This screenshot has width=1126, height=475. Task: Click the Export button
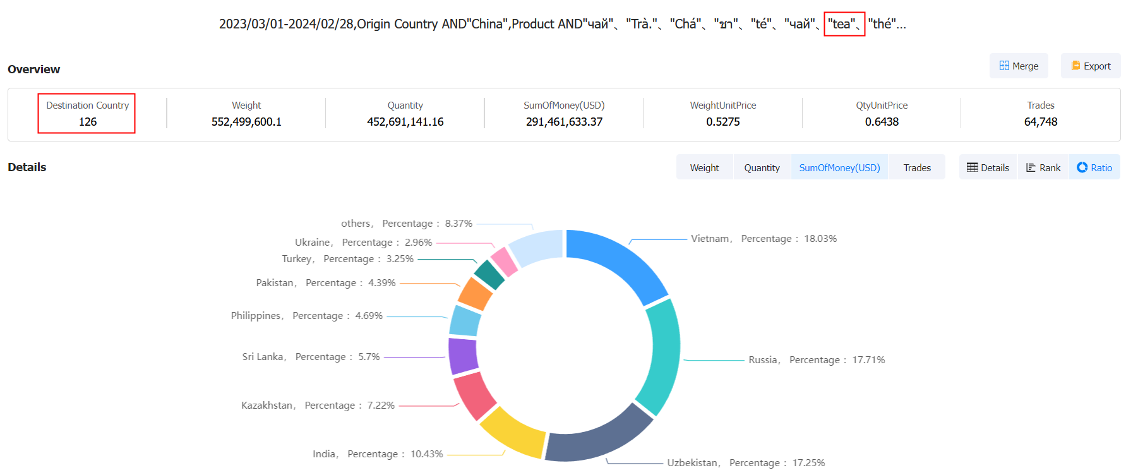point(1091,66)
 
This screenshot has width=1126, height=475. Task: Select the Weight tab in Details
point(704,167)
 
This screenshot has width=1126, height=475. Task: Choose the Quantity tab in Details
point(762,167)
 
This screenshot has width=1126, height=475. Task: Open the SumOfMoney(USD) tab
point(839,167)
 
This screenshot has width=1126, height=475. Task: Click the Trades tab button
point(917,167)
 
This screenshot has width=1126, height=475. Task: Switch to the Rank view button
point(1043,167)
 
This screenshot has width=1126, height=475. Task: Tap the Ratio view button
point(1094,167)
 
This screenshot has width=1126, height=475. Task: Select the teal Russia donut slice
point(660,357)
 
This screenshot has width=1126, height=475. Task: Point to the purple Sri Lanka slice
point(463,356)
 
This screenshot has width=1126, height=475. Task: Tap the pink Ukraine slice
point(504,261)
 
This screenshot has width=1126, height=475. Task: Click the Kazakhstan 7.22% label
point(318,406)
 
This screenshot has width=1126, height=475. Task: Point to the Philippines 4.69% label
point(306,316)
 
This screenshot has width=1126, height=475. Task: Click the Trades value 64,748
point(1040,122)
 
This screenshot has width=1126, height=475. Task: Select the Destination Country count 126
point(87,122)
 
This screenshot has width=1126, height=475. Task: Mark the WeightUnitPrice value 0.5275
point(722,122)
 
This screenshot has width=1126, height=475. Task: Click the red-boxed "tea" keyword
point(842,24)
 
